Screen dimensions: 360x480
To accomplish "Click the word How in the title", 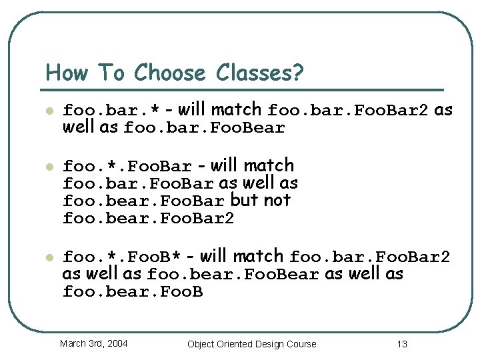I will pyautogui.click(x=67, y=72).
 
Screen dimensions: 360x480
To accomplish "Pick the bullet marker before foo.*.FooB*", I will pyautogui.click(x=49, y=257).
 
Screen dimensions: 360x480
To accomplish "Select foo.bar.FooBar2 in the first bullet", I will pyautogui.click(x=348, y=111).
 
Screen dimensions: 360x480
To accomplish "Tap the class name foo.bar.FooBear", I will pyautogui.click(x=205, y=129).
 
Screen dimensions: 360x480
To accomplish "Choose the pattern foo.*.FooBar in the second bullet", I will pyautogui.click(x=127, y=167).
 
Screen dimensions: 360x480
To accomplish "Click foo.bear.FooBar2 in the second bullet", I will pyautogui.click(x=149, y=219).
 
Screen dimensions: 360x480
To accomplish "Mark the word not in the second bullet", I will pyautogui.click(x=277, y=200).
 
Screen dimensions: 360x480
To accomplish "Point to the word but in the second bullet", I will pyautogui.click(x=244, y=200).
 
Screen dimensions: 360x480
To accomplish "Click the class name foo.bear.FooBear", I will pyautogui.click(x=233, y=275).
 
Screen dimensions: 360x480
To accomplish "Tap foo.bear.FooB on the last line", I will pyautogui.click(x=133, y=292).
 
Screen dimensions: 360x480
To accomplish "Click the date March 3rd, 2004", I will pyautogui.click(x=93, y=343).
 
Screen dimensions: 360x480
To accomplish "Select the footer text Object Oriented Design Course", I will pyautogui.click(x=252, y=344).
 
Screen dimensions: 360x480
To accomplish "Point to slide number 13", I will pyautogui.click(x=401, y=344).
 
